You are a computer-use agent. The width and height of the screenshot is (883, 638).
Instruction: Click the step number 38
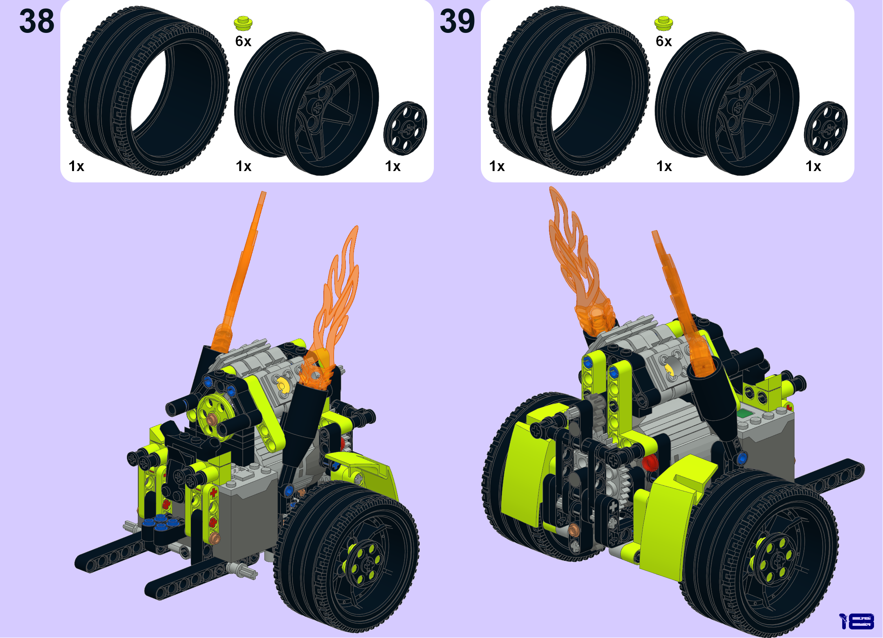[x=37, y=21]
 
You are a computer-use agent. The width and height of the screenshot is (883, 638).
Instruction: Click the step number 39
[x=457, y=21]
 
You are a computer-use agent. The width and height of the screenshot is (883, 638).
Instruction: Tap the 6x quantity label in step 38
[x=243, y=41]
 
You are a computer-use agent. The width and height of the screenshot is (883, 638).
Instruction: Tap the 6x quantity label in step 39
[x=664, y=41]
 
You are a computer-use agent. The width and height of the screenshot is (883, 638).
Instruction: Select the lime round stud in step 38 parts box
[x=243, y=23]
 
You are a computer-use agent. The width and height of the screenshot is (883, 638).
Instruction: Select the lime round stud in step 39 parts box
[x=664, y=23]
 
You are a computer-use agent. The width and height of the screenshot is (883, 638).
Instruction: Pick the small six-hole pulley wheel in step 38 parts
[x=405, y=128]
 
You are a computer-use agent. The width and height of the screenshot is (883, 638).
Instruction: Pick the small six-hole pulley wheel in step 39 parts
[x=826, y=128]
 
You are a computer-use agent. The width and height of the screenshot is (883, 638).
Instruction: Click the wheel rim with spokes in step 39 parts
[x=728, y=104]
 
